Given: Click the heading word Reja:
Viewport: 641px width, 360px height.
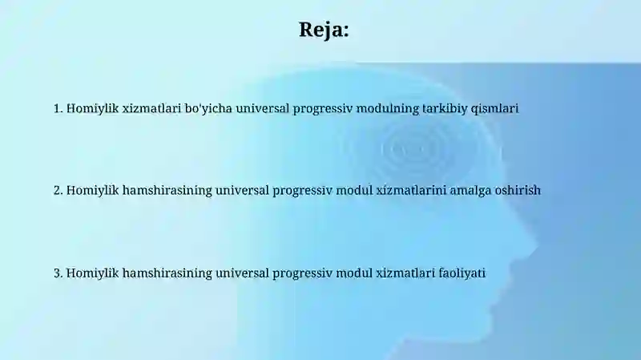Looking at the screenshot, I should [x=324, y=30].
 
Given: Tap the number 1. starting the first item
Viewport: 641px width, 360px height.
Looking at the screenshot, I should [x=58, y=107].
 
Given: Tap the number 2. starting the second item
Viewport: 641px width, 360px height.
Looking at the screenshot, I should [x=58, y=190].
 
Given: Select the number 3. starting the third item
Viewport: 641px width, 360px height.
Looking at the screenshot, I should [x=58, y=273].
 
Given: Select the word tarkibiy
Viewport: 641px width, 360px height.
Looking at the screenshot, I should [x=445, y=107].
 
